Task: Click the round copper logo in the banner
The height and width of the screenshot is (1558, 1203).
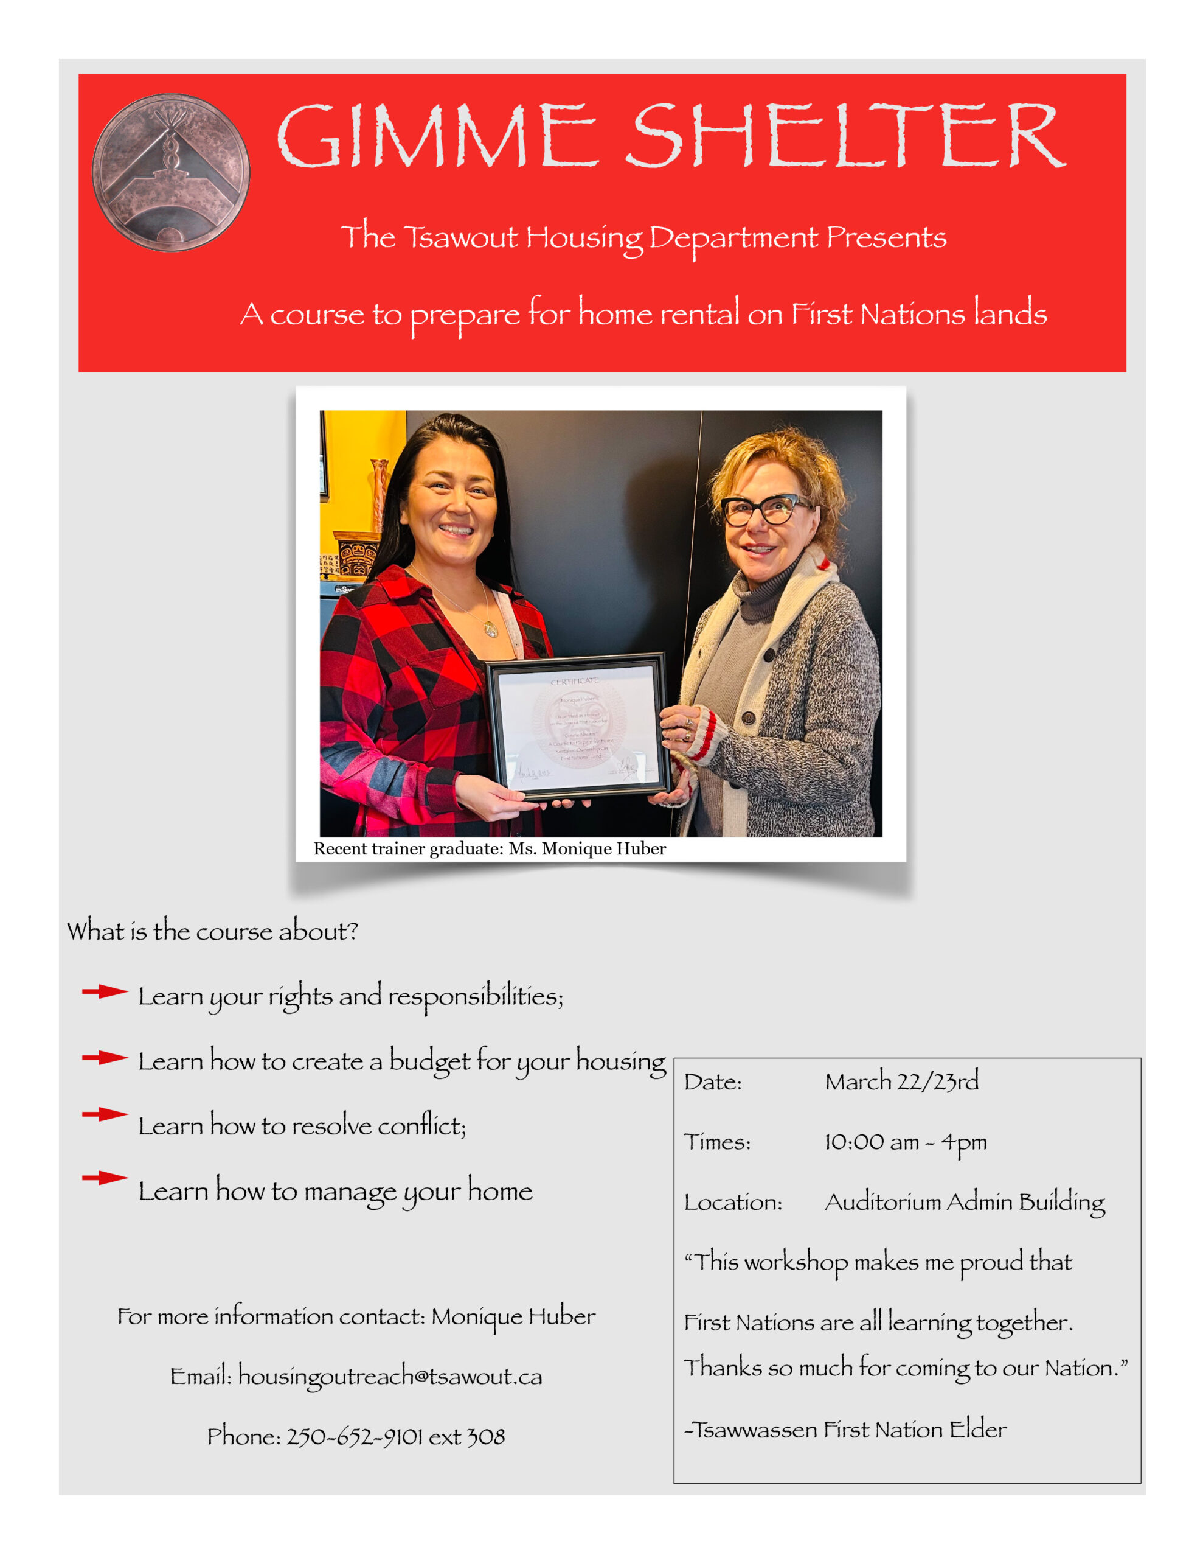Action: tap(171, 173)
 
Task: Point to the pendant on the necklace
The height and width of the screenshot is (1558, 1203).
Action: tap(491, 629)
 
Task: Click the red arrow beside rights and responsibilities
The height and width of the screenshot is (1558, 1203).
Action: tap(104, 991)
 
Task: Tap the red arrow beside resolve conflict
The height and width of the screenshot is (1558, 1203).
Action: tap(104, 1114)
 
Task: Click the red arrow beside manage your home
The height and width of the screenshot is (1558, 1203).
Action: tap(104, 1178)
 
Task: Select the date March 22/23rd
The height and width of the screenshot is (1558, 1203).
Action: tap(901, 1081)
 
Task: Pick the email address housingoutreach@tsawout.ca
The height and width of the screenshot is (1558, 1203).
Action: tap(390, 1376)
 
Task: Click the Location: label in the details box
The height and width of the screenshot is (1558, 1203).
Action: tap(733, 1203)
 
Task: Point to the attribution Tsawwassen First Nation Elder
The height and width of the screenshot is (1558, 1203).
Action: tap(846, 1430)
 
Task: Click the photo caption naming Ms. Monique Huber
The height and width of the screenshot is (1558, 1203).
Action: tap(489, 848)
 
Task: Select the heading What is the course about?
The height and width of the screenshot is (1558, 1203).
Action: tap(212, 932)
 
